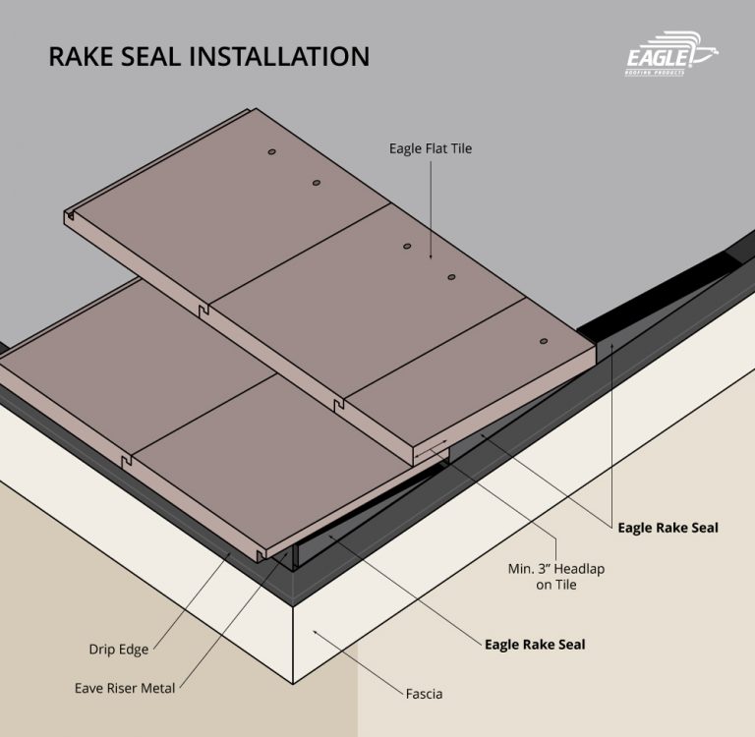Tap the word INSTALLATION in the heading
(287, 56)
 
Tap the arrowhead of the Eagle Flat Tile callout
(430, 257)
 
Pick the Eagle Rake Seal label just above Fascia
(535, 645)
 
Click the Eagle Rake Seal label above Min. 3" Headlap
(668, 528)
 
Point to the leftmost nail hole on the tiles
(271, 153)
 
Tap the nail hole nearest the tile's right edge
(543, 341)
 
